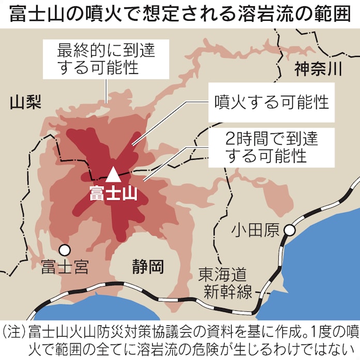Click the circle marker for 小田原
coord(291,229)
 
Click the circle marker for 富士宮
coord(64,250)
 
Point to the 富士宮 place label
coord(65,267)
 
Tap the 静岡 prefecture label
coord(147,267)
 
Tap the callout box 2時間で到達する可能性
coord(265,146)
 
